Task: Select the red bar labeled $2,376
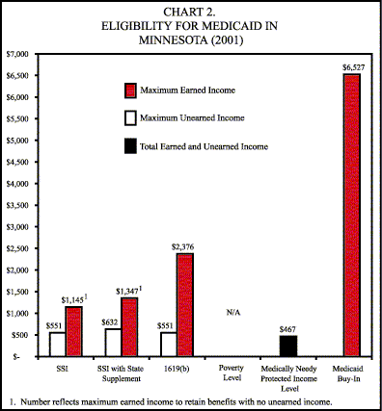click(x=183, y=304)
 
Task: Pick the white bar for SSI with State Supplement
click(x=113, y=343)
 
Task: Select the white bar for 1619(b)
click(x=168, y=345)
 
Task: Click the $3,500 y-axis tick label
click(x=19, y=203)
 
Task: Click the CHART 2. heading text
click(x=190, y=12)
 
